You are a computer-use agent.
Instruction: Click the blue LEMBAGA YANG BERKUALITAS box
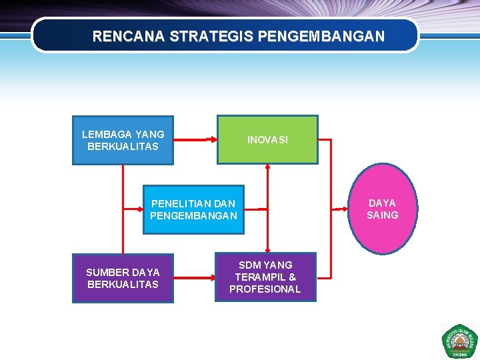[x=123, y=140]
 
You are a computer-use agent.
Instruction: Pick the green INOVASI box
[x=267, y=140]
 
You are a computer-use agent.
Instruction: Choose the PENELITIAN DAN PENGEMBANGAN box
[x=193, y=209]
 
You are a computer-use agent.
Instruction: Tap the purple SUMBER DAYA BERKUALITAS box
[x=123, y=278]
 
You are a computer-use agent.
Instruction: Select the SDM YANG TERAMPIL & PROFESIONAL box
[x=265, y=277]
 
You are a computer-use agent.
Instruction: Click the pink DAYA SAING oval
[x=383, y=209]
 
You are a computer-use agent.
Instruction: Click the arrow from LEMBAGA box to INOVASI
[x=195, y=140]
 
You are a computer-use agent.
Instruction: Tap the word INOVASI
[x=267, y=140]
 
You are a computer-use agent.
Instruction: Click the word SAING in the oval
[x=383, y=215]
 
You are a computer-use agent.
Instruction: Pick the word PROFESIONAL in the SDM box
[x=265, y=289]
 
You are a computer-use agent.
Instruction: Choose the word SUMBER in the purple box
[x=107, y=272]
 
